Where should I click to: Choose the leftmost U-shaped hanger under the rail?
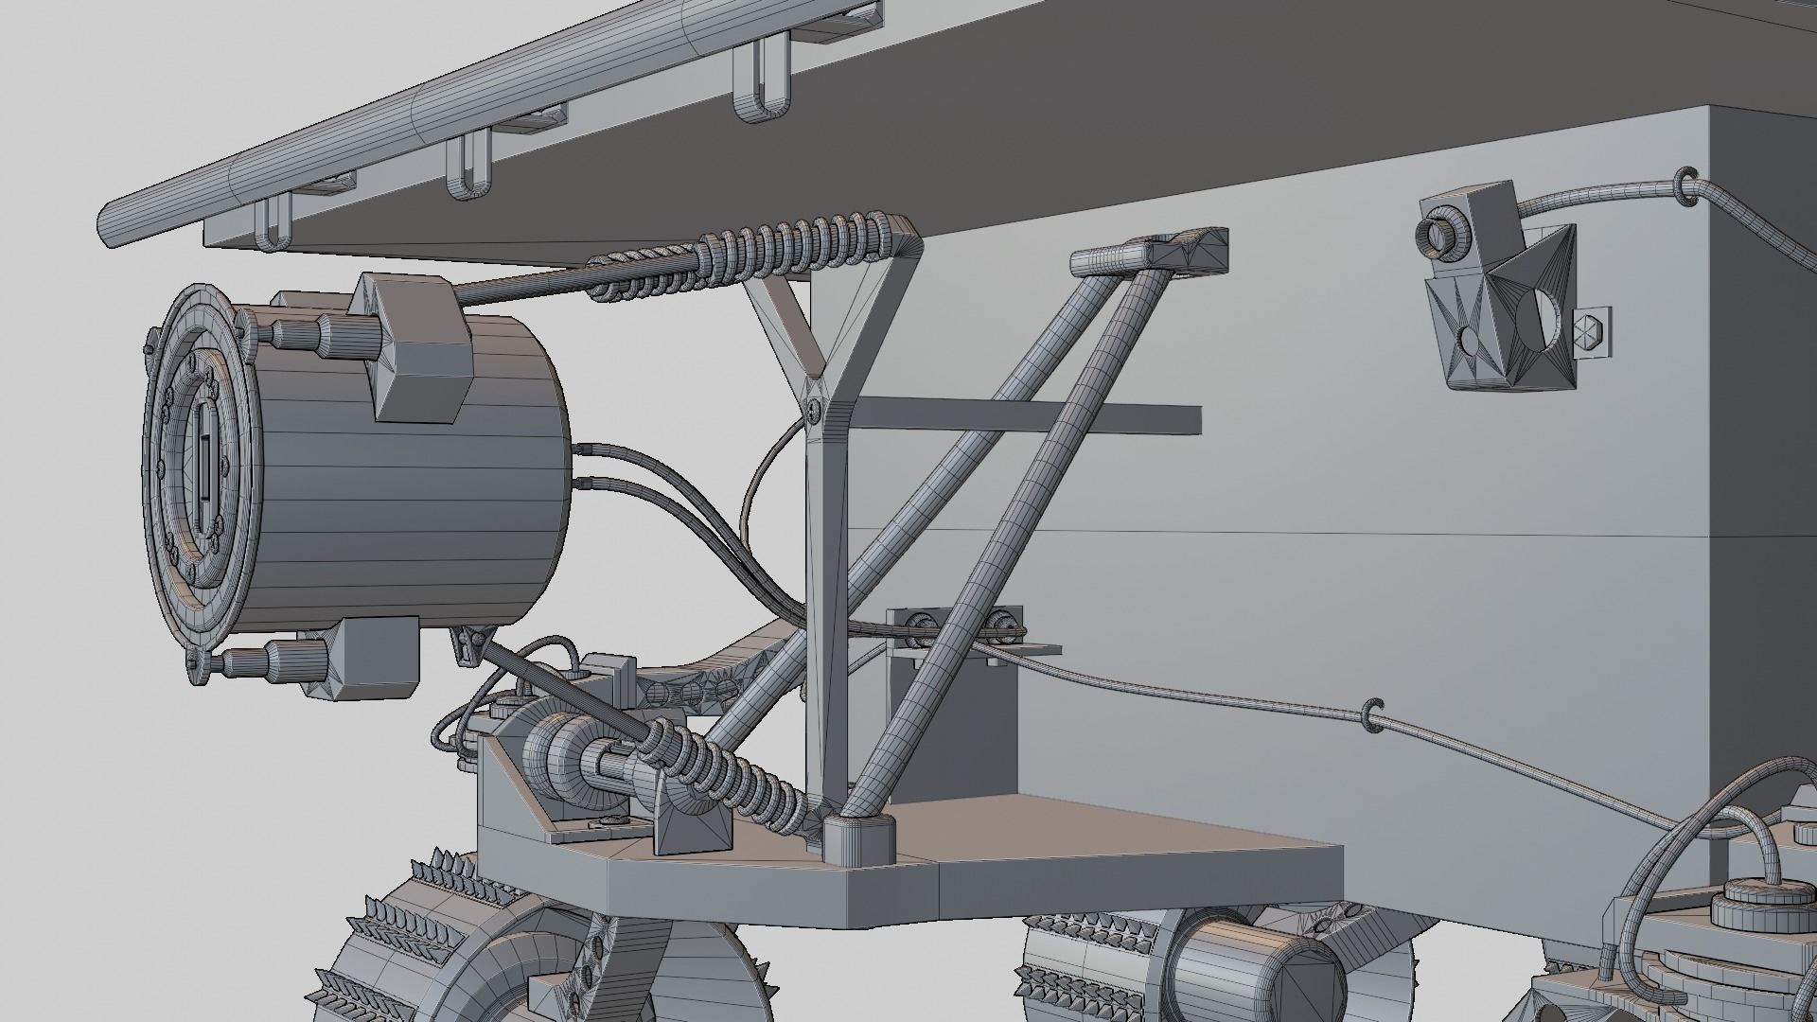coord(272,227)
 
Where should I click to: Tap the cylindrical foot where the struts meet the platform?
coord(859,837)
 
